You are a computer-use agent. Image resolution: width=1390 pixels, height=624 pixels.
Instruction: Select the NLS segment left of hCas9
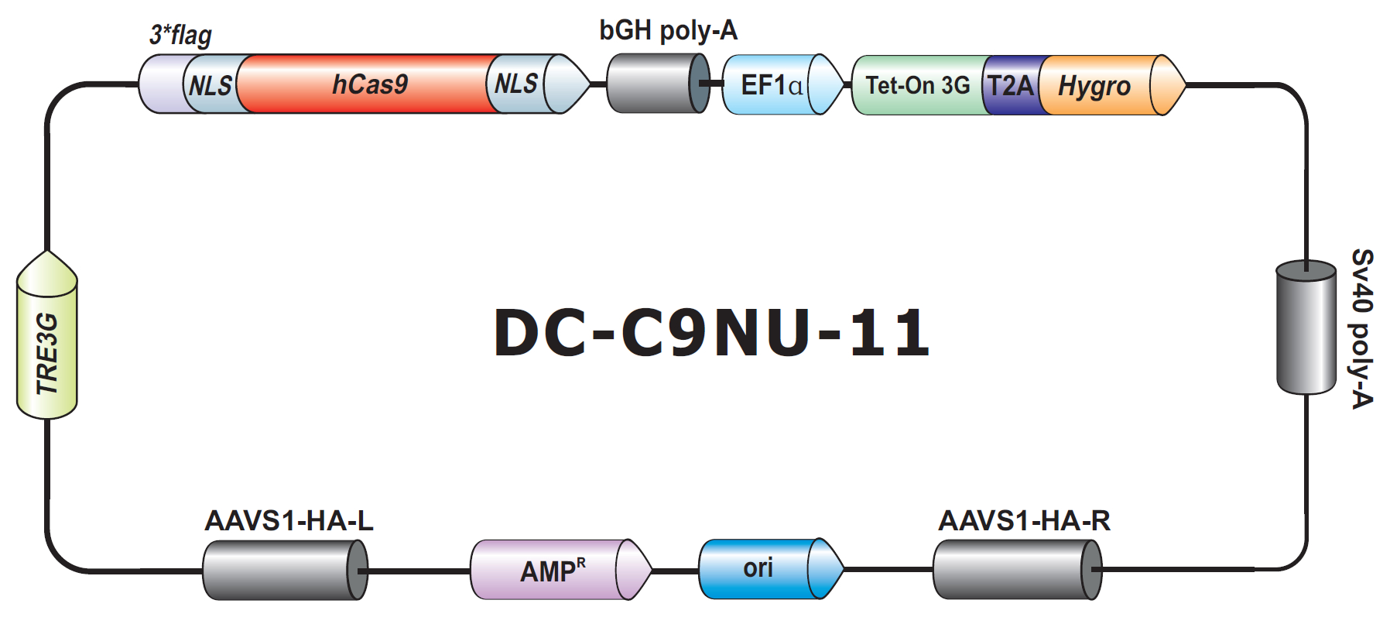pos(211,84)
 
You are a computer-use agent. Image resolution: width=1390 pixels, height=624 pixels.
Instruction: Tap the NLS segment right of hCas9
pos(515,84)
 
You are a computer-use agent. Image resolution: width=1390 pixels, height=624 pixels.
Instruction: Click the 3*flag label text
pos(180,35)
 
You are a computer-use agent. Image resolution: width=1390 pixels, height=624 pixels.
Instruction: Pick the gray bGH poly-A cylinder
pos(658,84)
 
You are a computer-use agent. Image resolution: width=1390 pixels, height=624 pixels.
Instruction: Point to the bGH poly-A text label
pos(669,30)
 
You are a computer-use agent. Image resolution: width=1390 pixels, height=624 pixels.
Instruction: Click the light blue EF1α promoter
pos(782,84)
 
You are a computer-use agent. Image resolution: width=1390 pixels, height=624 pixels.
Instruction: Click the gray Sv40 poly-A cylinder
pos(1306,327)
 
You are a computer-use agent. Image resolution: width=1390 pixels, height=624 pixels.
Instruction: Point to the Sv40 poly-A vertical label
pos(1361,328)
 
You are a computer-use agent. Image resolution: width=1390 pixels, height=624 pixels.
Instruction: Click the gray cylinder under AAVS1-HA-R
pos(1017,570)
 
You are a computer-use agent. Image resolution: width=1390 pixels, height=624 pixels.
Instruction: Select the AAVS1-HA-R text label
pos(1024,520)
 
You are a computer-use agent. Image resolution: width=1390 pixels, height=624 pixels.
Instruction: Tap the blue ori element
pos(771,569)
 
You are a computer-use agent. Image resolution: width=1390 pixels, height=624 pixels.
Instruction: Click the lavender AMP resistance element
pos(561,570)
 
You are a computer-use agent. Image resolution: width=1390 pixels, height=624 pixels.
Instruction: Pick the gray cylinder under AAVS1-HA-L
pos(285,570)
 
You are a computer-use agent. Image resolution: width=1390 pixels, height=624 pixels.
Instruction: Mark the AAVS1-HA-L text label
pos(289,520)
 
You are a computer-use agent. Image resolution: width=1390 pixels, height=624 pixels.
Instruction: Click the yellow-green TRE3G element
pos(47,334)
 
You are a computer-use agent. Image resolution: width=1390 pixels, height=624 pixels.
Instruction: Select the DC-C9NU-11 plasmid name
pos(711,332)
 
